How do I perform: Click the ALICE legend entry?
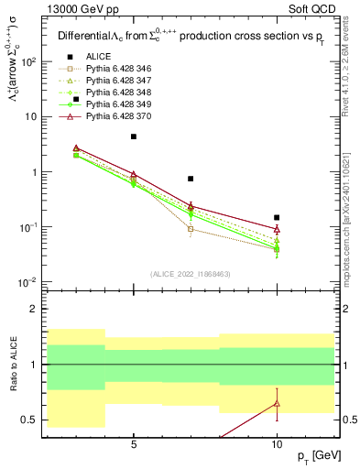coord(99,57)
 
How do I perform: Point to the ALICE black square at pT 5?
coord(134,136)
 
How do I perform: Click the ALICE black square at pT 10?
coord(277,217)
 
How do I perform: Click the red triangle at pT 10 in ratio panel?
coord(277,404)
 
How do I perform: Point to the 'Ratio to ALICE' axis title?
coord(14,365)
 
